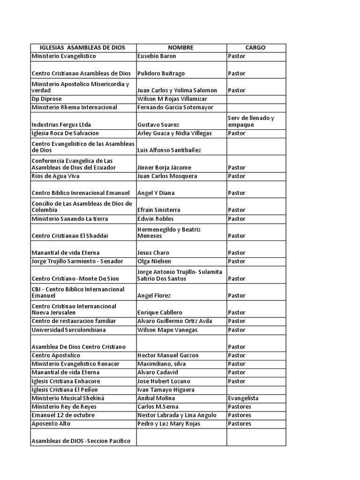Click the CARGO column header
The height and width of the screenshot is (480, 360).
coord(255,48)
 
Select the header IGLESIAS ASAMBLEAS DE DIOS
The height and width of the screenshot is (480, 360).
coord(83,48)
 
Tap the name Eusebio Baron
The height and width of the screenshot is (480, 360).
coord(157,56)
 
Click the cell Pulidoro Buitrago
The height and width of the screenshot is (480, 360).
coord(161,74)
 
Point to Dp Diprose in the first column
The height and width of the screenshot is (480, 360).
coord(47,99)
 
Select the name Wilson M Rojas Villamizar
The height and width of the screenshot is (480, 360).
coord(172,99)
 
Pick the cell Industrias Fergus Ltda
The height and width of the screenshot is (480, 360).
coord(61,125)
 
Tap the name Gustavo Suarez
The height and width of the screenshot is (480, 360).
coord(158,125)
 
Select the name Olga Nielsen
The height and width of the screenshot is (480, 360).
coord(154,261)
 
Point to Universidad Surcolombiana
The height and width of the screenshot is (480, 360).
coord(68,330)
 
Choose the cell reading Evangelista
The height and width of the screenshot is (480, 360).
coord(243,398)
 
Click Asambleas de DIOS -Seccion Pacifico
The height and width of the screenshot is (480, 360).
coord(81,441)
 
